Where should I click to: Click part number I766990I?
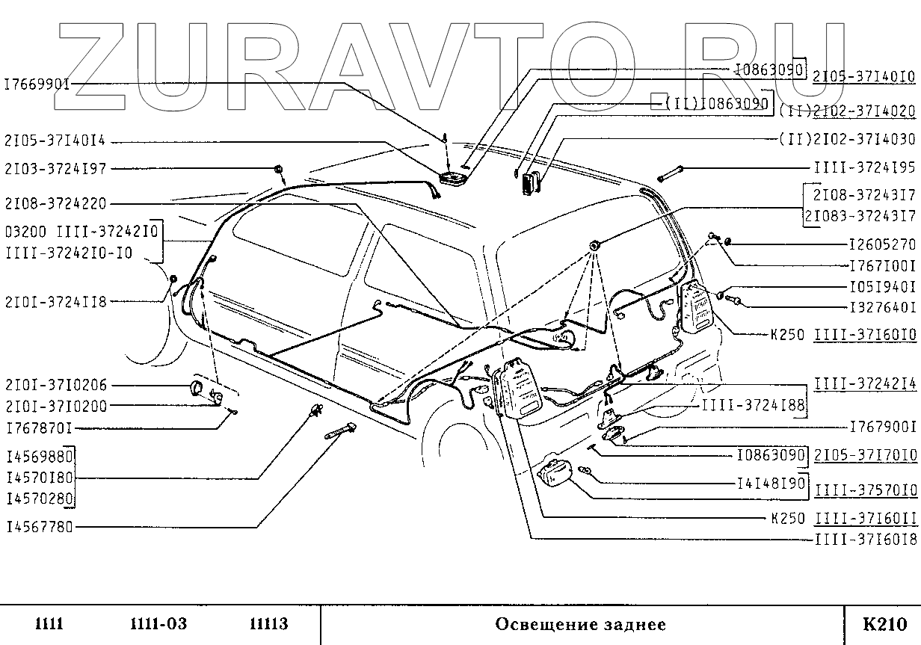(37, 84)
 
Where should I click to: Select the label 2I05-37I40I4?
(55, 141)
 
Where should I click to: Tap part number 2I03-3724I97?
(55, 169)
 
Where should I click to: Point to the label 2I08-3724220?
(55, 203)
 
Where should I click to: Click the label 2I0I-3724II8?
(55, 302)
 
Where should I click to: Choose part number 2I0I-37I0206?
(56, 386)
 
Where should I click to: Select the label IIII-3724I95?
(863, 168)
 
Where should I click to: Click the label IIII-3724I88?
(753, 406)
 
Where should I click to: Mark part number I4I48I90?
(770, 484)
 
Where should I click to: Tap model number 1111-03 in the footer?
(158, 624)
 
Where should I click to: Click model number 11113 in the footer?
(268, 624)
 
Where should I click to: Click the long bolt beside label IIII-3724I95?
(671, 174)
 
